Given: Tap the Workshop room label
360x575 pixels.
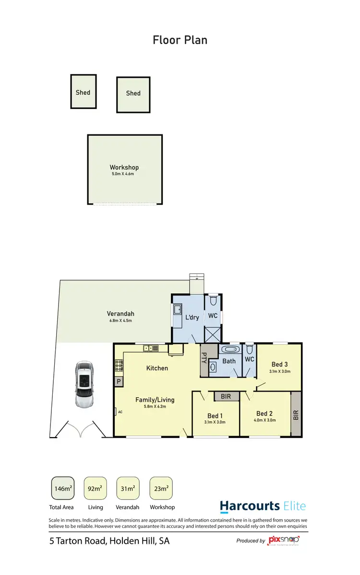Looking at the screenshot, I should pos(124,168).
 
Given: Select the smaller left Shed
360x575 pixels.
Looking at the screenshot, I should pos(83,92).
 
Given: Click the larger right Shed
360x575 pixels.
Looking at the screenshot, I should pos(133,93).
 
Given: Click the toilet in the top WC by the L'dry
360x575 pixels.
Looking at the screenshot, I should pos(214,300).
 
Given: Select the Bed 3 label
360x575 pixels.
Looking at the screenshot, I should pos(280,364).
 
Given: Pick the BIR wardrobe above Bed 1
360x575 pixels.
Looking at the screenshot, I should pos(226,396).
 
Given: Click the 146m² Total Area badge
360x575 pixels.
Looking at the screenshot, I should pos(62,489).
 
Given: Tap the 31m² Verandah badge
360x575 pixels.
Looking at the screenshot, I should pos(128,489).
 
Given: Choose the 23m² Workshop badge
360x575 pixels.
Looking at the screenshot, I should pos(161,489).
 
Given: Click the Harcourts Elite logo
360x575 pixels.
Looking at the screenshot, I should pos(263,506).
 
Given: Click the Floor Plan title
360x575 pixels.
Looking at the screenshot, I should pos(180,39).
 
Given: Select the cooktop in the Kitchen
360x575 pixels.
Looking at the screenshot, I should pos(119,367).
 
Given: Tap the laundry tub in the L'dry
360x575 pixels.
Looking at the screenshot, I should pos(177,309).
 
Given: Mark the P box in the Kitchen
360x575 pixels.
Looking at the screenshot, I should pos(118,381).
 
